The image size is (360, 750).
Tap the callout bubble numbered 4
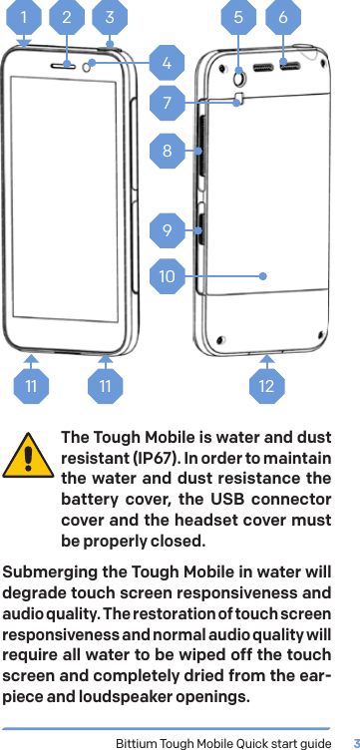pyautogui.click(x=168, y=63)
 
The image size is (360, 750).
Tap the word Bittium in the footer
pyautogui.click(x=138, y=742)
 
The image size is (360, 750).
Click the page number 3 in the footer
pyautogui.click(x=353, y=742)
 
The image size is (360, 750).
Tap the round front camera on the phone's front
pyautogui.click(x=91, y=66)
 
